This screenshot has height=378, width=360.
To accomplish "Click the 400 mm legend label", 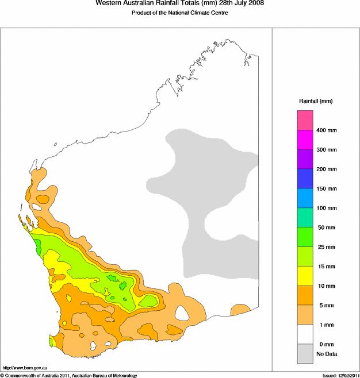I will click(x=326, y=130).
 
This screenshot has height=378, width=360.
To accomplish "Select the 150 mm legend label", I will click(x=326, y=189).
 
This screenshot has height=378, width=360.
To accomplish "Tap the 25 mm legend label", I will click(x=325, y=248).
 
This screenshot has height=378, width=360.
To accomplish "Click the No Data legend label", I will click(x=326, y=354).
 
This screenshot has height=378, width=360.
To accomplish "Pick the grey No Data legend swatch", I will click(x=305, y=353).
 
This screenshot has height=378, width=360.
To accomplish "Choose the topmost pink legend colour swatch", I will click(x=305, y=120).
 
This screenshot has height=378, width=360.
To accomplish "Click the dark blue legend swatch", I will click(x=305, y=179).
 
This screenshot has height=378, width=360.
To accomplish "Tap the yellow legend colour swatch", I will click(x=305, y=276).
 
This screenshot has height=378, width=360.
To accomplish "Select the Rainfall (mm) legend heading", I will click(x=316, y=101).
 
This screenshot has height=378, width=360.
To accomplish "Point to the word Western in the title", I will click(x=108, y=3).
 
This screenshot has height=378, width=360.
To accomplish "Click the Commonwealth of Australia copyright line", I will click(x=69, y=375).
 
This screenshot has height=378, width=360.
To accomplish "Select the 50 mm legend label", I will click(x=325, y=228).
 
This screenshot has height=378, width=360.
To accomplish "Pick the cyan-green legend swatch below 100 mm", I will click(x=305, y=218).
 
